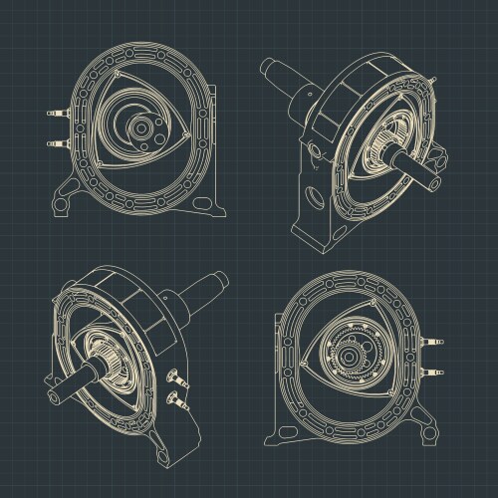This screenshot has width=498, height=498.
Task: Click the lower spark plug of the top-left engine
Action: coord(52,143)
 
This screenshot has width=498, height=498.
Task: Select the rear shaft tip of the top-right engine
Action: coord(267,67)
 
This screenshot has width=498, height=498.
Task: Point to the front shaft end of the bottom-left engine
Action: coord(49,390)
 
